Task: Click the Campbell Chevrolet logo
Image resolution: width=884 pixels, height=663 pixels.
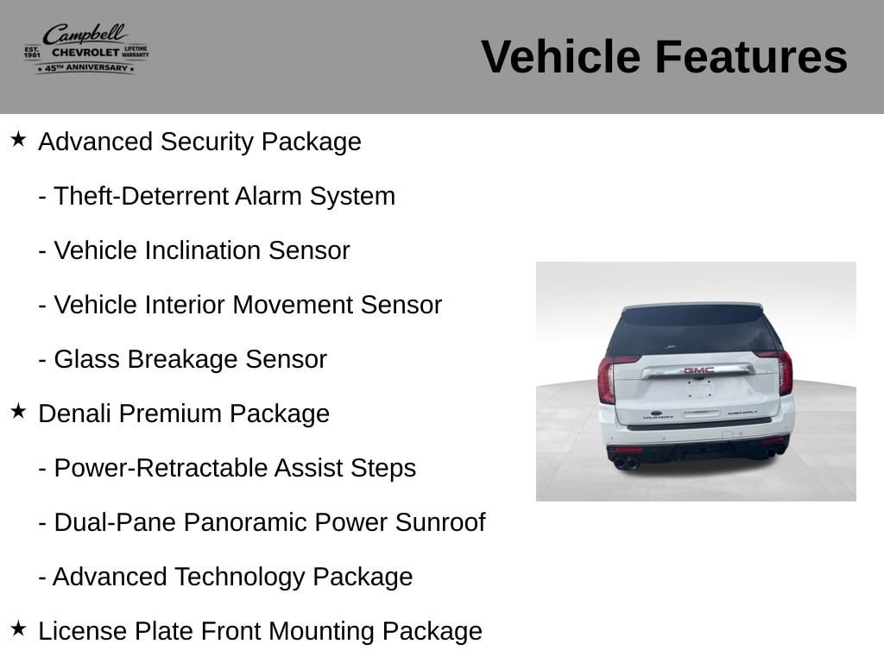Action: (86, 49)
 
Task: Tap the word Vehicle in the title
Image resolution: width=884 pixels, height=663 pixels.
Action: (560, 57)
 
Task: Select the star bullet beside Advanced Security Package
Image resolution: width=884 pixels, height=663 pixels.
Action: (18, 139)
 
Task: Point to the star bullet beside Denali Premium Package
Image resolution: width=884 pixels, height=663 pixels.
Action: (18, 411)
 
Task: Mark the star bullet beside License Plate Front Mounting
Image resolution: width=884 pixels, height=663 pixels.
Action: (18, 628)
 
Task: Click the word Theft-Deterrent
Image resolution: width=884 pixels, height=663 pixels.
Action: (141, 196)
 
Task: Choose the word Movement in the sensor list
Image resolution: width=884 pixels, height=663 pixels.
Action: (293, 305)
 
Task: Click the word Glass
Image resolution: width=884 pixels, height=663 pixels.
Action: (87, 359)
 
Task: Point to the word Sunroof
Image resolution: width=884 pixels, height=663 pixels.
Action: (440, 522)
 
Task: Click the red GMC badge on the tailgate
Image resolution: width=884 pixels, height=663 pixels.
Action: (699, 370)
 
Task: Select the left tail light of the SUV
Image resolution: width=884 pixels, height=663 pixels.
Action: (607, 379)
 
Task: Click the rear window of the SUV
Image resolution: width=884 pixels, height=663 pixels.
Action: (694, 331)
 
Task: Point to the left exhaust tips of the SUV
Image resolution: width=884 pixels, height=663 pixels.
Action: (626, 463)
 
